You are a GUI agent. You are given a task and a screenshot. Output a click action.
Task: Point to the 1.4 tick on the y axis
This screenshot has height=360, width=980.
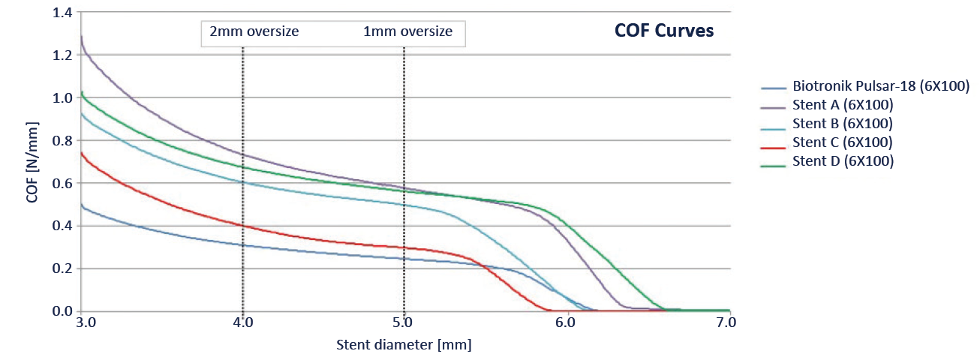[x=64, y=13]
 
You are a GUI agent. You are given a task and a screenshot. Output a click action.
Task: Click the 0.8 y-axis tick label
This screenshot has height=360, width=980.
[x=64, y=140]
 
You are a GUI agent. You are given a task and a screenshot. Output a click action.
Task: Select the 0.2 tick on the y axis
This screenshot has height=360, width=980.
[x=64, y=268]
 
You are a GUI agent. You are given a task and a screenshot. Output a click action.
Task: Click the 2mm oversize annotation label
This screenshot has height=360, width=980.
[x=254, y=31]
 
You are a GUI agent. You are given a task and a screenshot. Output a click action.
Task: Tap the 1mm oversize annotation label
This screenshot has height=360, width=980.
[x=407, y=31]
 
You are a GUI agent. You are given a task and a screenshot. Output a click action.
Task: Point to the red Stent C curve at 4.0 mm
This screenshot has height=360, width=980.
[x=243, y=225]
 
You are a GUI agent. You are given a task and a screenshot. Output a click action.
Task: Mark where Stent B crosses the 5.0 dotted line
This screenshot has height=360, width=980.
[x=404, y=205]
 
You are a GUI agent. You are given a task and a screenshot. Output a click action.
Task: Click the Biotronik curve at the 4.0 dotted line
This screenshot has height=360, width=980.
[x=243, y=244]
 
